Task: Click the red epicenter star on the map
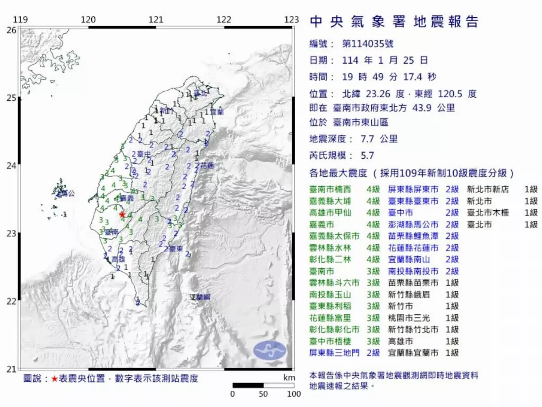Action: tap(122, 214)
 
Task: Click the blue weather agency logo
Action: tap(270, 351)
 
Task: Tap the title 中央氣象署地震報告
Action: tap(393, 21)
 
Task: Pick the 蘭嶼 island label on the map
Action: tap(201, 297)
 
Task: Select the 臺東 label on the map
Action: tap(175, 249)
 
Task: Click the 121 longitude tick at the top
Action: tap(156, 19)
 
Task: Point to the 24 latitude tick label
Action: tap(11, 166)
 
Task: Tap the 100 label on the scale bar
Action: tap(294, 394)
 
